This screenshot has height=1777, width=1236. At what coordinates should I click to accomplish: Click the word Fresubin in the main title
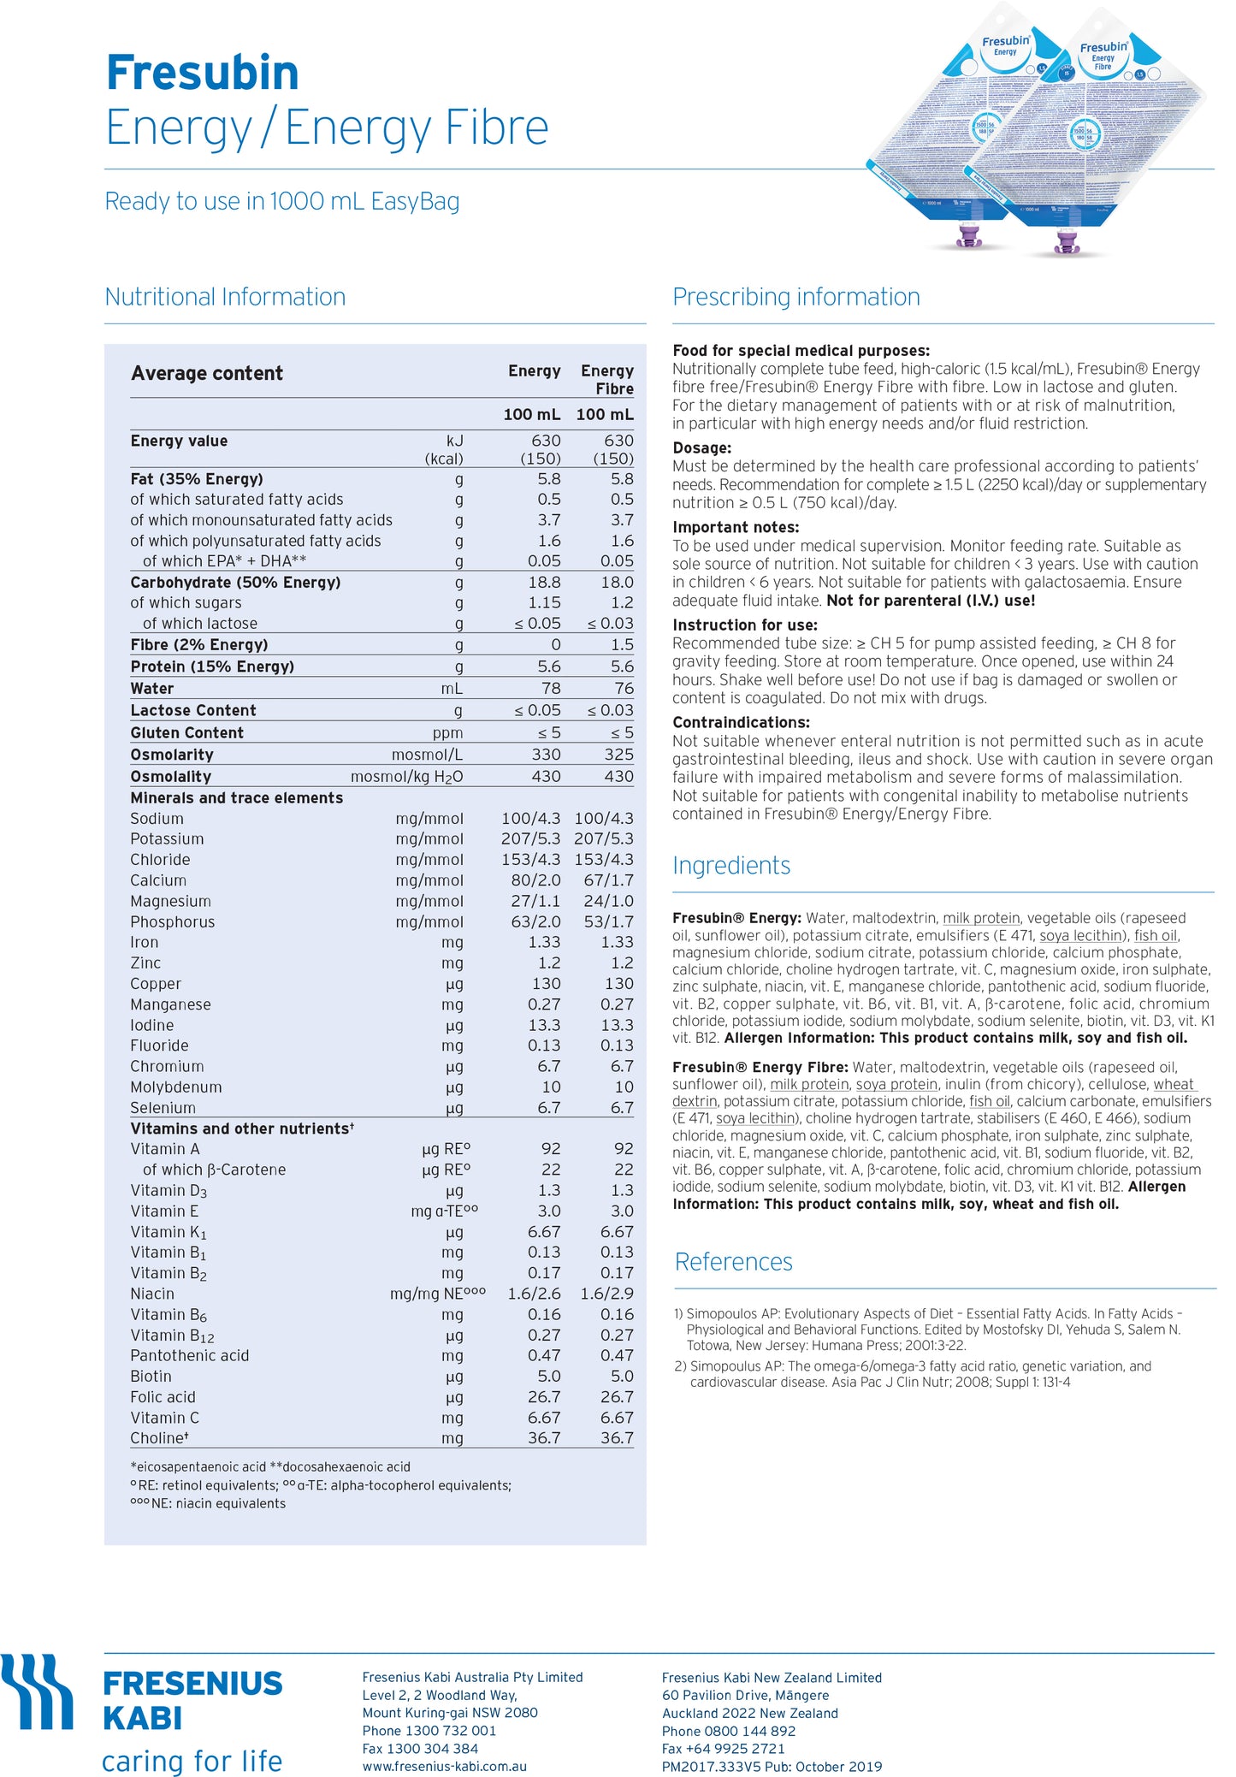[x=203, y=73]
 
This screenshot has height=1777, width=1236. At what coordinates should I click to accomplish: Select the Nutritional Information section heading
[x=225, y=297]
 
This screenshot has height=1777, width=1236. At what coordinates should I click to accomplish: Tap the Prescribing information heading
[x=795, y=297]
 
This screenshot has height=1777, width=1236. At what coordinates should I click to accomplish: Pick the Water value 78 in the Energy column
[x=551, y=688]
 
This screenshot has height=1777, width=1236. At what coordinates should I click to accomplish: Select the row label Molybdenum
[x=175, y=1087]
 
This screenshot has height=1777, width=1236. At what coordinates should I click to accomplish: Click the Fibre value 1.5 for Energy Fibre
[x=622, y=644]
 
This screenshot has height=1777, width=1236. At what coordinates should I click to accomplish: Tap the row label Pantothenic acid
[x=189, y=1355]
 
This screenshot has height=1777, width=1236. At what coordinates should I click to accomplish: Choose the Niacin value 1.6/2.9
[x=606, y=1294]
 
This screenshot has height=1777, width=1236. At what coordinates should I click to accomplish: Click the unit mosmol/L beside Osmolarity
[x=427, y=755]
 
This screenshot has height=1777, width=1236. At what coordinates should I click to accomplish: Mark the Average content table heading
[x=206, y=373]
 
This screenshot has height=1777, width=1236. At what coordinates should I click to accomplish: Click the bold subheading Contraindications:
[x=741, y=722]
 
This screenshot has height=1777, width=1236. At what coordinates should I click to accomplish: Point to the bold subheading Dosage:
[x=701, y=447]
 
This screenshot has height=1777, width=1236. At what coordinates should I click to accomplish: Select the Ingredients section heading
[x=731, y=866]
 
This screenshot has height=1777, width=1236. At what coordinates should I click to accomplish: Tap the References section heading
[x=733, y=1262]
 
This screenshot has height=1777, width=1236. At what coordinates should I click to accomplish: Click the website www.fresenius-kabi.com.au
[x=444, y=1766]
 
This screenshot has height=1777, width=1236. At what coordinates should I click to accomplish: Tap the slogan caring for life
[x=192, y=1761]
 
